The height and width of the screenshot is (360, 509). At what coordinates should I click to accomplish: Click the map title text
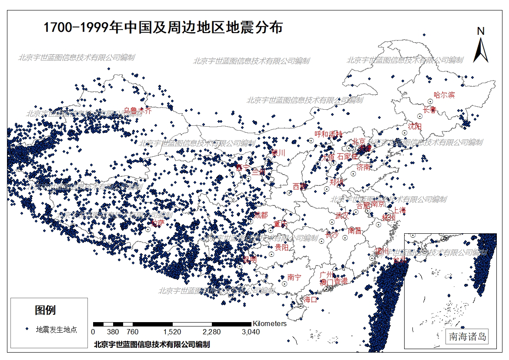(x=163, y=28)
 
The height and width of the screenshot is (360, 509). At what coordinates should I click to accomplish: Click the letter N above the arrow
(x=481, y=31)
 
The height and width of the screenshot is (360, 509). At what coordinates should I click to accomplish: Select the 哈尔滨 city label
(x=444, y=95)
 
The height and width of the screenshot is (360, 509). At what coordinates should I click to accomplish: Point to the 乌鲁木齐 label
(x=138, y=111)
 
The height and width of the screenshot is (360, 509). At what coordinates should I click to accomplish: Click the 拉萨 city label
(x=157, y=223)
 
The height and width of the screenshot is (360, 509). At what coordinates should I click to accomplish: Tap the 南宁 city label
(x=295, y=277)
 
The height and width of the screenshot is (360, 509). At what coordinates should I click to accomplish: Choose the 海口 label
(x=311, y=299)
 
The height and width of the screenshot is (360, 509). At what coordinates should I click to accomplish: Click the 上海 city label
(x=399, y=210)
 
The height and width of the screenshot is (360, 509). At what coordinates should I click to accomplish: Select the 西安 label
(x=300, y=186)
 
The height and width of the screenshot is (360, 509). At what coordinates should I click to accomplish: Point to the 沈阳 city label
(x=415, y=126)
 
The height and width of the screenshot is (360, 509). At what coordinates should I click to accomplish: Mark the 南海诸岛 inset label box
(x=468, y=336)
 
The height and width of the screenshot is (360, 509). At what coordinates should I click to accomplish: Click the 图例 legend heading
(x=45, y=310)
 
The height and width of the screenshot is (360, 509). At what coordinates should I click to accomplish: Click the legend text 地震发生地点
(x=57, y=330)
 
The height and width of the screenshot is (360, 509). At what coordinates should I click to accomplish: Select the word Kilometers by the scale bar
(x=270, y=323)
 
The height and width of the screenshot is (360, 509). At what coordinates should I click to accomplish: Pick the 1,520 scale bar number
(x=173, y=332)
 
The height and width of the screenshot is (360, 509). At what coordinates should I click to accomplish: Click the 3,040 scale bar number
(x=251, y=332)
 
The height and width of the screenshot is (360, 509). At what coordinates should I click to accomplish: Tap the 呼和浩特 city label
(x=328, y=134)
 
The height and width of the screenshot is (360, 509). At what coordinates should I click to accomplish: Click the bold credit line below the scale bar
(x=152, y=344)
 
